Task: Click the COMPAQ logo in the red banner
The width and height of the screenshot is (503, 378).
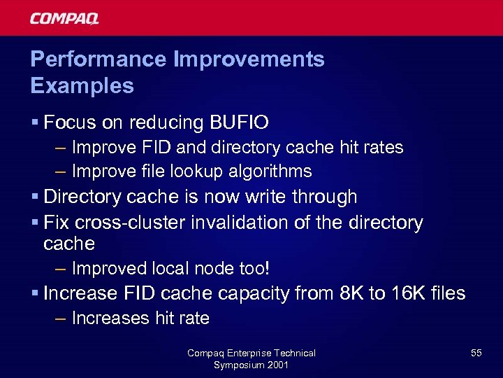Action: coord(64,18)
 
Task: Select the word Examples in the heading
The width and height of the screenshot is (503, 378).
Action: coord(82,86)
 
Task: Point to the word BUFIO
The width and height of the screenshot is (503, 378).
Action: coord(239,123)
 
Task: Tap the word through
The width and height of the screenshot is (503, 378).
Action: coord(325,197)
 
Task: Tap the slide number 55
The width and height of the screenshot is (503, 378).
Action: coord(476,353)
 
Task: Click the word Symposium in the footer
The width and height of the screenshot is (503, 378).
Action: coord(239,365)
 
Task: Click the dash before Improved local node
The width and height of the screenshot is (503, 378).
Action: coord(60,269)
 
